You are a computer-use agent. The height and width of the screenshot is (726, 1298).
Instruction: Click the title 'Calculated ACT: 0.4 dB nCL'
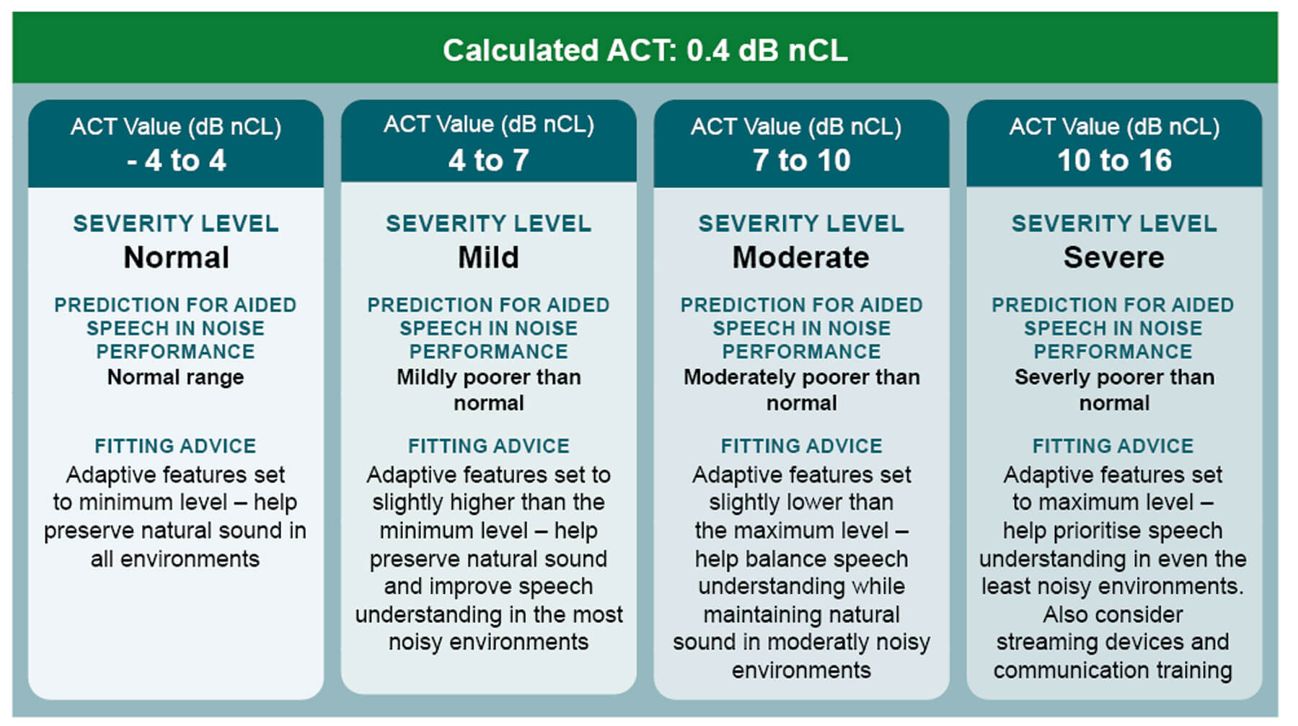[645, 50]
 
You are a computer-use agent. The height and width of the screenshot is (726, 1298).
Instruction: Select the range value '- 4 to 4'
[176, 160]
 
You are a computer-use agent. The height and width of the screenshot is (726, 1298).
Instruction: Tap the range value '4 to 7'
[488, 160]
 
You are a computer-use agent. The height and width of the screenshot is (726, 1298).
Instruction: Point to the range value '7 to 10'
[801, 160]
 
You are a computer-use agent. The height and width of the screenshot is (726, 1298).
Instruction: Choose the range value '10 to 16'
[1114, 160]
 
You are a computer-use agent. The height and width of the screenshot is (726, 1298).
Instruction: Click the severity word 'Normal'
[176, 257]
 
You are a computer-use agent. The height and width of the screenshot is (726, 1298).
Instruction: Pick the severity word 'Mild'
[488, 257]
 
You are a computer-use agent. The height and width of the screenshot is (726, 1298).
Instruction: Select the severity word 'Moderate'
[801, 257]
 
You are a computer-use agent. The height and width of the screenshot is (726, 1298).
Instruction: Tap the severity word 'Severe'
[1114, 257]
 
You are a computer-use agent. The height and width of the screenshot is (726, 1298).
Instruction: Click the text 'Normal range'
[176, 377]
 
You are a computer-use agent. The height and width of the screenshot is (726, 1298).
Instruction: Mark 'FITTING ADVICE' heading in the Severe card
[1113, 446]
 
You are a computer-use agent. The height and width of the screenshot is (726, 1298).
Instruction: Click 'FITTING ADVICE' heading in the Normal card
[176, 446]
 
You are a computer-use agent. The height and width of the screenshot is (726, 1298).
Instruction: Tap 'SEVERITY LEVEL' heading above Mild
[488, 223]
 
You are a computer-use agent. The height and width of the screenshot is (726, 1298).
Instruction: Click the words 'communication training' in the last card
[1113, 670]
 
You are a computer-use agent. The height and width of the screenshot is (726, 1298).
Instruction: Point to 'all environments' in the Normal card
[175, 559]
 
